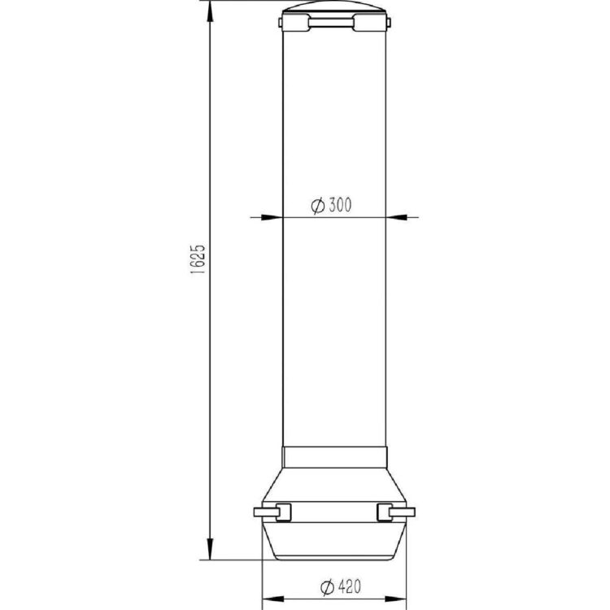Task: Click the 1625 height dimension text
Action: point(198,259)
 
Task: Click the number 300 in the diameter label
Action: point(340,205)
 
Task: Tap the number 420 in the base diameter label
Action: point(350,586)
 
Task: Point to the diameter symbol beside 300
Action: point(318,206)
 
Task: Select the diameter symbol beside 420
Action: point(327,587)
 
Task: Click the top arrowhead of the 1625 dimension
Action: point(210,14)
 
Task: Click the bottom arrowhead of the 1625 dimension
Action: point(210,548)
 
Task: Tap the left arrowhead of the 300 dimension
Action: point(272,217)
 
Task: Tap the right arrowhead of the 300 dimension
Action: point(397,217)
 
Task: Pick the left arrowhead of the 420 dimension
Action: point(274,599)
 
